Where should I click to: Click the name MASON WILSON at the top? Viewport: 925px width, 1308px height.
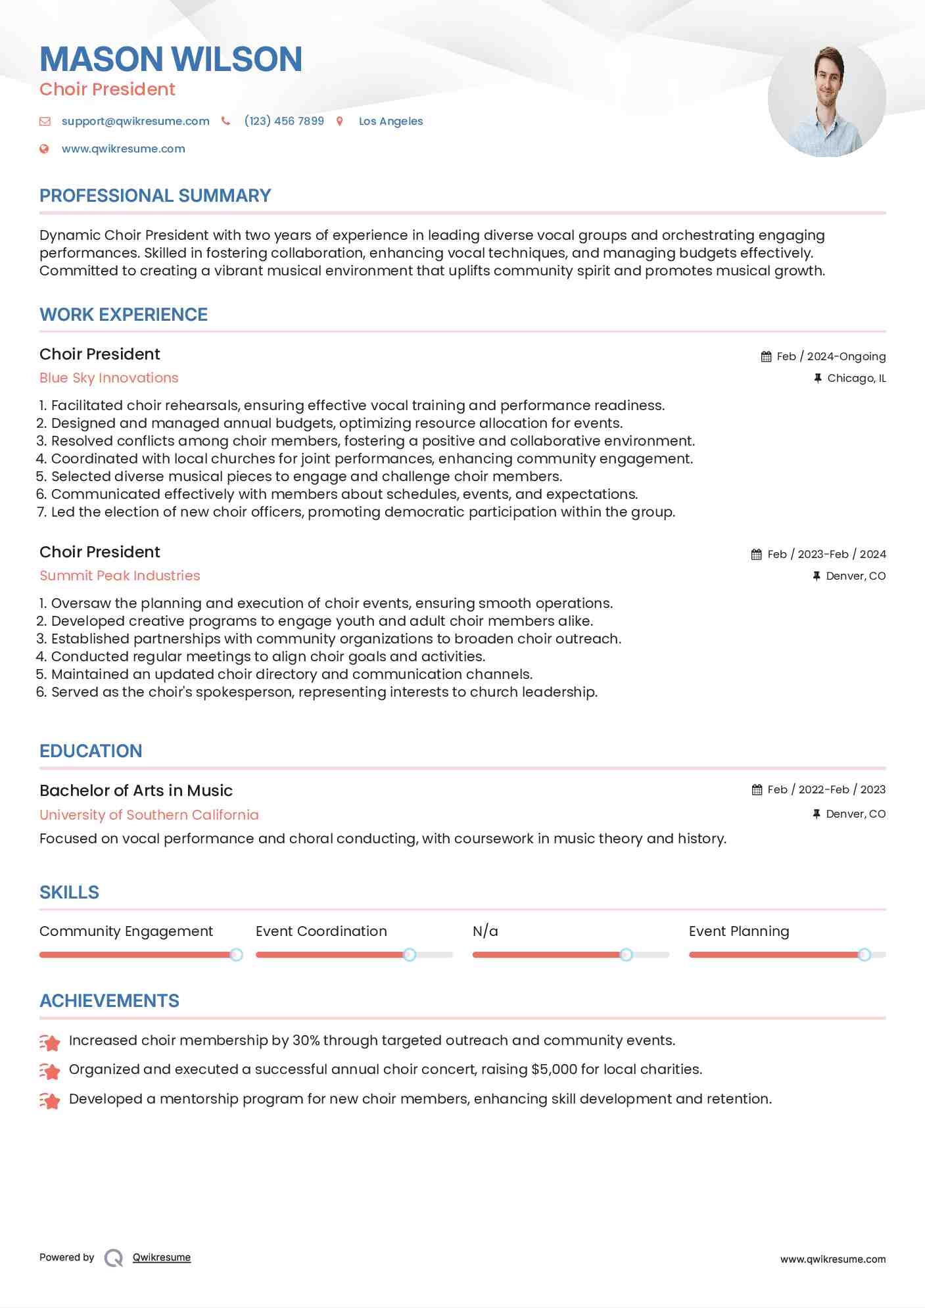point(171,59)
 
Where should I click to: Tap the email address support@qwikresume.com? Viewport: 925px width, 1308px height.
point(135,122)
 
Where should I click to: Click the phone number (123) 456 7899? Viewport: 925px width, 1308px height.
point(284,122)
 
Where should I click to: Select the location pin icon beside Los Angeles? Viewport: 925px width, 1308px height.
point(340,122)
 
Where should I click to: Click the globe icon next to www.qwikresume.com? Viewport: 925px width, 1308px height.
point(44,149)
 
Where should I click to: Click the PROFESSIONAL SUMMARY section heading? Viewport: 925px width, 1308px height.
point(155,196)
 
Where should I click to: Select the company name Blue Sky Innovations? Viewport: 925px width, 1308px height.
point(109,378)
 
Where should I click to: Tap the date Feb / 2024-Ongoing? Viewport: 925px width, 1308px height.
point(831,357)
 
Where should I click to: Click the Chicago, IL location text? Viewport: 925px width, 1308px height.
point(856,379)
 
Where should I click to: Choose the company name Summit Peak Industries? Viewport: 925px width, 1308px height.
point(120,576)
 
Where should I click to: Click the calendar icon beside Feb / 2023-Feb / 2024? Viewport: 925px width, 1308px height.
point(757,555)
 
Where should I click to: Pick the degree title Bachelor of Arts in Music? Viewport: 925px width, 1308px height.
point(136,791)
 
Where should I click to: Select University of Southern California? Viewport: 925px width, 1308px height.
point(149,815)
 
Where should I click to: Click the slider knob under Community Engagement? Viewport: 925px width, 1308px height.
point(236,955)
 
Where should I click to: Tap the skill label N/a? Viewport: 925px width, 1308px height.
point(485,931)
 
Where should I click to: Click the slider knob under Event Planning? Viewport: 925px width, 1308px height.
point(865,955)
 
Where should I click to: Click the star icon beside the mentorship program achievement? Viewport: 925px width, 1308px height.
point(50,1100)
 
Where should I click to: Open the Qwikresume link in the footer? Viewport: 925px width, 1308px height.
point(162,1257)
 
